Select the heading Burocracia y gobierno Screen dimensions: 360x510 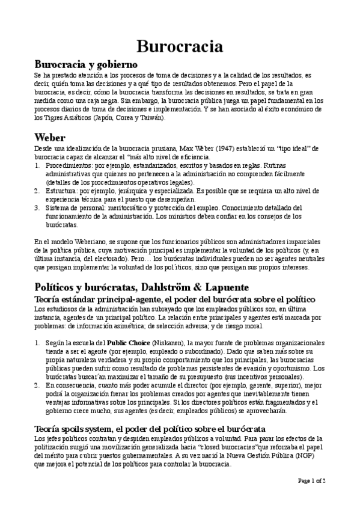(x=87, y=64)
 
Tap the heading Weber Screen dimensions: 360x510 (x=50, y=137)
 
